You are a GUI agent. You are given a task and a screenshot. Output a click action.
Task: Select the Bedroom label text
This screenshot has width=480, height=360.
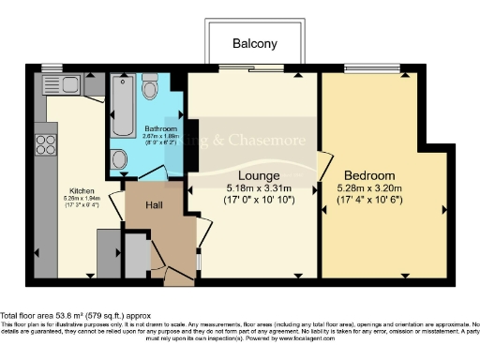tap(368, 175)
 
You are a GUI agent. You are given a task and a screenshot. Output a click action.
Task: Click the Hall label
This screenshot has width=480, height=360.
tap(157, 204)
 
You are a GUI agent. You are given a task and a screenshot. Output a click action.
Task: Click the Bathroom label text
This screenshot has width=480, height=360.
tap(158, 129)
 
